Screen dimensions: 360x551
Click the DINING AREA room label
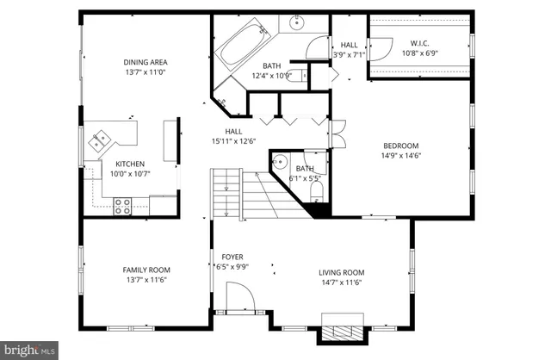pyautogui.click(x=145, y=62)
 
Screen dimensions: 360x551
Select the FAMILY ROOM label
pyautogui.click(x=145, y=270)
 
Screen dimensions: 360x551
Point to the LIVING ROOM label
pyautogui.click(x=342, y=272)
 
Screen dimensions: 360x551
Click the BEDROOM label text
pyautogui.click(x=400, y=146)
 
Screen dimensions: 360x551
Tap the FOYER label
pyautogui.click(x=232, y=257)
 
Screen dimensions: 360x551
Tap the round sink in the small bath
pyautogui.click(x=281, y=162)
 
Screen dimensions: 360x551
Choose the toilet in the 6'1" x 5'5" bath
pyautogui.click(x=315, y=189)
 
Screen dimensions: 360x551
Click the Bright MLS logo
pyautogui.click(x=29, y=351)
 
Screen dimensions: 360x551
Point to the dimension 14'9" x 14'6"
pyautogui.click(x=400, y=156)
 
